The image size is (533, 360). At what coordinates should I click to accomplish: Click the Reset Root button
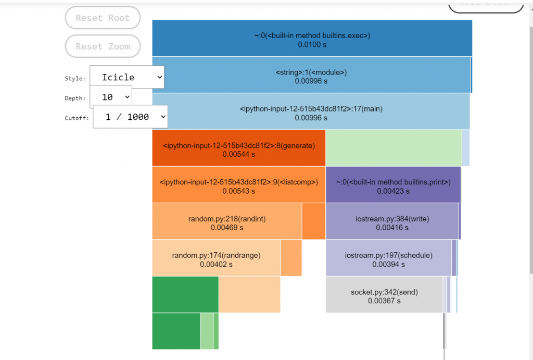point(103,18)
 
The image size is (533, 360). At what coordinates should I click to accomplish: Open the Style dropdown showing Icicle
point(127,77)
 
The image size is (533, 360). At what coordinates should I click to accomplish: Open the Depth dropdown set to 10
point(111,97)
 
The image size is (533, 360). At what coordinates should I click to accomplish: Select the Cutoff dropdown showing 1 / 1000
point(131,117)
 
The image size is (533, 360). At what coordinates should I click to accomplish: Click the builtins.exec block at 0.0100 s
point(312,38)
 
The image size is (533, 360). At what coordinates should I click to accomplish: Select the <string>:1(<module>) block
point(311,75)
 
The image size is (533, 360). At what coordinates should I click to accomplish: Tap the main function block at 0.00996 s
point(311,111)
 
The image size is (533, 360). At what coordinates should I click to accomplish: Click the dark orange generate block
point(238,148)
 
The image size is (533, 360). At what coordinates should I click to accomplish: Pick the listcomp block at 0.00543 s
point(238,184)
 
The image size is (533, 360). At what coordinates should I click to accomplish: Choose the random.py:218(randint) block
point(226,221)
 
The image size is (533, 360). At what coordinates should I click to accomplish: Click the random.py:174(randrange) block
point(216,258)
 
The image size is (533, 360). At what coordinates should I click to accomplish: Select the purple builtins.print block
point(393,184)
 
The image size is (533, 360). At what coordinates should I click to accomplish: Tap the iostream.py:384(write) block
point(392,221)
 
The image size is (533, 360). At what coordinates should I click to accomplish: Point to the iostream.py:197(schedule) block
point(388,258)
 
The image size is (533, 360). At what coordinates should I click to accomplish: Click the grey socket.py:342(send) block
point(384,294)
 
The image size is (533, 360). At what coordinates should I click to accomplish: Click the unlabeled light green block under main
point(394,148)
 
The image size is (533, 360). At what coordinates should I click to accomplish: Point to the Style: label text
point(75,79)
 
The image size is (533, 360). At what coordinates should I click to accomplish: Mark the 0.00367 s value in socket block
point(384,301)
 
